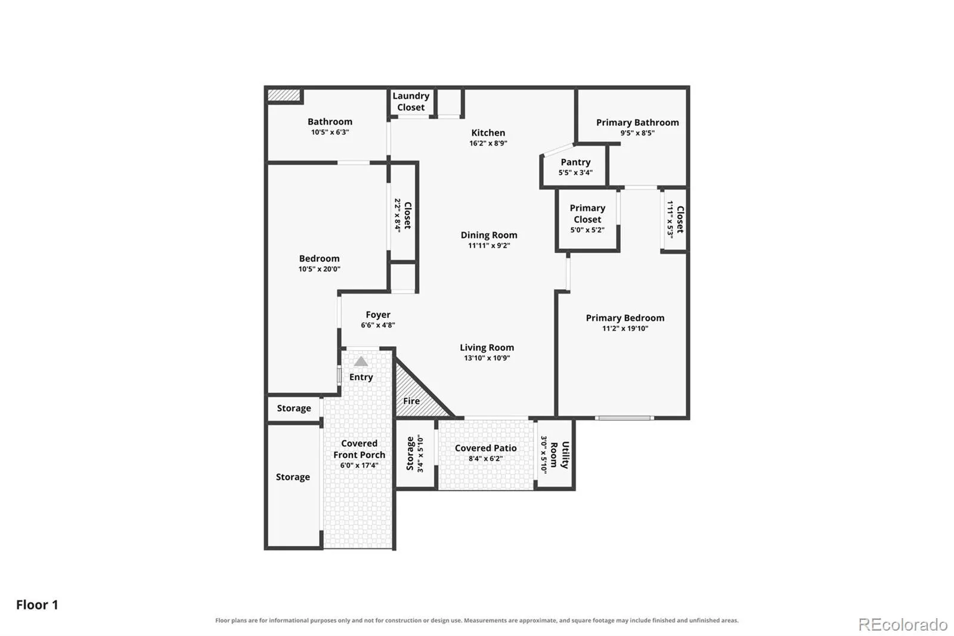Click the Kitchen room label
click(488, 132)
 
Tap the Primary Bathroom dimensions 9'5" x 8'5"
click(637, 133)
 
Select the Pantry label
click(575, 162)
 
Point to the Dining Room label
click(489, 235)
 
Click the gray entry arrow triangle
click(361, 362)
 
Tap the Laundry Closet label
click(411, 101)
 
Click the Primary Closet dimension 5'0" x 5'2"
click(587, 230)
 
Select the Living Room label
click(487, 347)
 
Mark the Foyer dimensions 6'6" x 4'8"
click(378, 325)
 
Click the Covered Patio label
click(485, 448)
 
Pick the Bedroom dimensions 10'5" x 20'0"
click(319, 269)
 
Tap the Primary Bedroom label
click(625, 317)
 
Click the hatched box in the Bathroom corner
click(284, 95)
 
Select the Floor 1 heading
click(37, 604)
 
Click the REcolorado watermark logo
click(902, 625)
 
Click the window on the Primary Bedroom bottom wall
click(624, 418)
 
